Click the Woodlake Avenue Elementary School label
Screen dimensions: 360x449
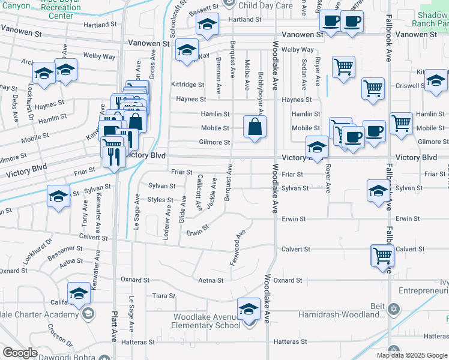click(x=207, y=321)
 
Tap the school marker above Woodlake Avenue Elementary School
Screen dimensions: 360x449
click(x=248, y=310)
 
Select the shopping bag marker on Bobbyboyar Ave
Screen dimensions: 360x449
click(x=255, y=126)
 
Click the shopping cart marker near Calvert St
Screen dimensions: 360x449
click(x=382, y=256)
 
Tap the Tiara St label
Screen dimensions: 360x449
click(x=163, y=296)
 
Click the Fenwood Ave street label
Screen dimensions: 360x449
click(x=238, y=247)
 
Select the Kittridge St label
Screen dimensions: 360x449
click(x=188, y=85)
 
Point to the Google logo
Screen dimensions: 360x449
click(x=19, y=353)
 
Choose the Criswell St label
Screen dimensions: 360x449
click(x=411, y=86)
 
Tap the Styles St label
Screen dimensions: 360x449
click(x=160, y=200)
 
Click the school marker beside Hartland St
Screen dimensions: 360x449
click(x=208, y=25)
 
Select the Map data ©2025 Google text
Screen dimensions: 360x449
click(x=411, y=355)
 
